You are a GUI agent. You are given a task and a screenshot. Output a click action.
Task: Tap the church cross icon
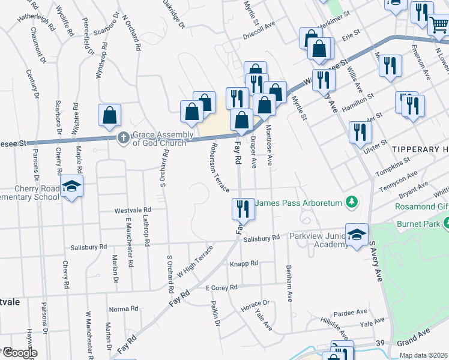124,138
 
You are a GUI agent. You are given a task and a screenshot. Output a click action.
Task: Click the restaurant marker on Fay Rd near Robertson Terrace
242,209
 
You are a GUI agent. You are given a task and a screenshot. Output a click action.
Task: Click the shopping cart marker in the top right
439,25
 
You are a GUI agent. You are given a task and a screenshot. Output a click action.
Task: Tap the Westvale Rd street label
133,211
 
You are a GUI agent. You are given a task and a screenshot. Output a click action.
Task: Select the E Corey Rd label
221,288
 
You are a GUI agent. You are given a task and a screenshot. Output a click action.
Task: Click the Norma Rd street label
124,309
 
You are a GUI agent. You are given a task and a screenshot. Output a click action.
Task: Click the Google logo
20,353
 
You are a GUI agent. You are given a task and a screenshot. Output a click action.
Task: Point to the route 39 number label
380,342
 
